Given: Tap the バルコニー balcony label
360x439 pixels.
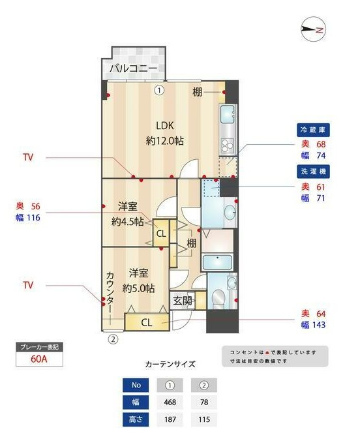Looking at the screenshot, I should pos(132,68).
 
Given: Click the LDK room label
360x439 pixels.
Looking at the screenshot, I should pos(165,126).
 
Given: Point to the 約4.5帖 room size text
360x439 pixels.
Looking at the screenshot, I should pos(128,221).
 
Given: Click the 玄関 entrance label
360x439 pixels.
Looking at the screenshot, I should pos(183,301).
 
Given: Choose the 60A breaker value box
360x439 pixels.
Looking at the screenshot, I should pos(38,358).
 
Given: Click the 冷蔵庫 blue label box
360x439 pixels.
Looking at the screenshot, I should pos(311,129).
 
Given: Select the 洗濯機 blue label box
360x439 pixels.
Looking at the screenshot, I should pos(311,172).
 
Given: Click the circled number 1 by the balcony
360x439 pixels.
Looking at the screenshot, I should pos(158,91).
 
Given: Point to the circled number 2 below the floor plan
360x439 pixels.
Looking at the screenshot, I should pos(112,339).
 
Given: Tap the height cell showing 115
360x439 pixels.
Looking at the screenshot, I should pos(203,419).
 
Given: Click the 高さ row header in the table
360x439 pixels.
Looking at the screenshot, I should pos(135,419).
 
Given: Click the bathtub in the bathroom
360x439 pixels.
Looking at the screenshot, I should pos(220,263).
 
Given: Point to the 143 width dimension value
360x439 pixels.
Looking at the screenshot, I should pos(317,325).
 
